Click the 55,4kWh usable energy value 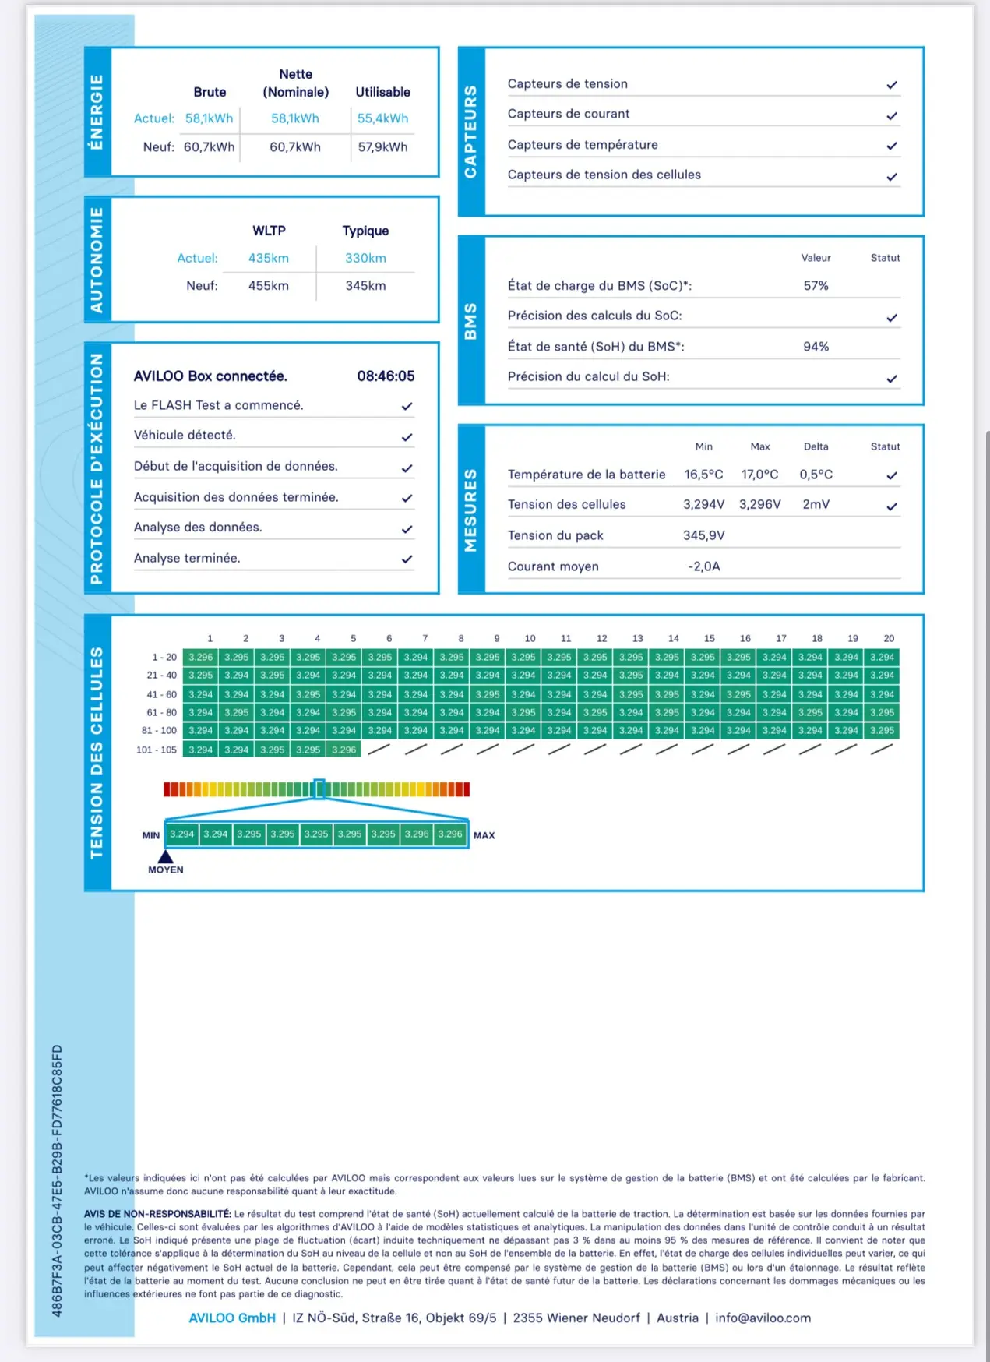[382, 118]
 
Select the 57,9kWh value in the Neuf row [382, 147]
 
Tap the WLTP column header [269, 231]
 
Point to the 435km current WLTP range [269, 259]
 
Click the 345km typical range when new [365, 286]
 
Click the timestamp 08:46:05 [386, 376]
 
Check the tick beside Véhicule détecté [407, 437]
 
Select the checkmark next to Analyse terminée [407, 559]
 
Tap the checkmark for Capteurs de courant [892, 116]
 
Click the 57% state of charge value [816, 286]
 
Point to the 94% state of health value [816, 347]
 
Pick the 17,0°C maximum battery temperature [759, 475]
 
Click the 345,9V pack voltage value [703, 536]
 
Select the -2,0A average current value [703, 566]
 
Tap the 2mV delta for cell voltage [816, 505]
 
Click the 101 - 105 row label [157, 750]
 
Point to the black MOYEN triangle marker [165, 856]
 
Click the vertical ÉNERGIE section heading [97, 112]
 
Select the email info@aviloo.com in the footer [763, 1318]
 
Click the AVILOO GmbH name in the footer [232, 1318]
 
